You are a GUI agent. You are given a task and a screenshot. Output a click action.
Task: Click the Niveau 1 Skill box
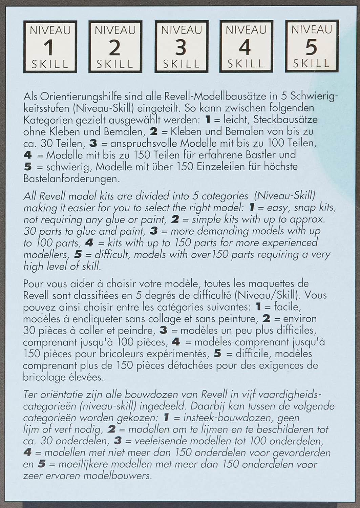[50, 46]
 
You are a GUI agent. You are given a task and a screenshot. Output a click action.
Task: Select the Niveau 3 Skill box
[181, 46]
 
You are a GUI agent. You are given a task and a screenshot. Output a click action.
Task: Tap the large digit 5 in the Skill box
[311, 47]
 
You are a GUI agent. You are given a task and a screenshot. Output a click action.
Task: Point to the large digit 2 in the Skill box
[115, 48]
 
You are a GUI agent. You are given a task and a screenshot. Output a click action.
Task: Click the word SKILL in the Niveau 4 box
[246, 64]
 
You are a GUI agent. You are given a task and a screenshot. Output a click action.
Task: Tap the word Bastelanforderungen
[71, 178]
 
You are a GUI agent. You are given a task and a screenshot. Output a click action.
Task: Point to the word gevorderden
[301, 453]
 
